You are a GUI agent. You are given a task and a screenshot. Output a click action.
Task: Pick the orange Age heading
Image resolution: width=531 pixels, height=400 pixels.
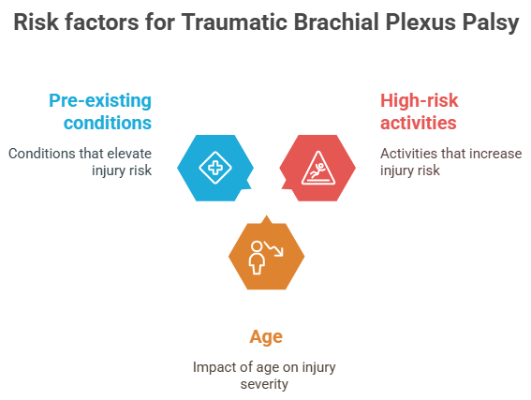point(265,336)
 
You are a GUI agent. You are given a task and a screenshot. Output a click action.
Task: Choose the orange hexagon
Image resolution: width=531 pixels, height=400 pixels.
point(266,256)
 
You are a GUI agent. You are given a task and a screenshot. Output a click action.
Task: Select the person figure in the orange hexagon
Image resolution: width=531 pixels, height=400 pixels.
point(257,258)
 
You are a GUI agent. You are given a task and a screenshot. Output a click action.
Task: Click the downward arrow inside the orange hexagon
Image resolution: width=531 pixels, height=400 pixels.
point(276,249)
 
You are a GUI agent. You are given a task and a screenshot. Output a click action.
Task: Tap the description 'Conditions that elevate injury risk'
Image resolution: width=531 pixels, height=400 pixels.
point(80,161)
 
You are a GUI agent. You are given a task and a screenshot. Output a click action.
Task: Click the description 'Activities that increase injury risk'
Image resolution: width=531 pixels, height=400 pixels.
point(450,161)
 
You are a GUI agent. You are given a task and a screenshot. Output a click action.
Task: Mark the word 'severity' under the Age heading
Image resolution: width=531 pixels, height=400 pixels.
point(265,384)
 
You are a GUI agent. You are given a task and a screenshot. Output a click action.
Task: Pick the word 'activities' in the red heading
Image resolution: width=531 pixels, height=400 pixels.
point(418,123)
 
